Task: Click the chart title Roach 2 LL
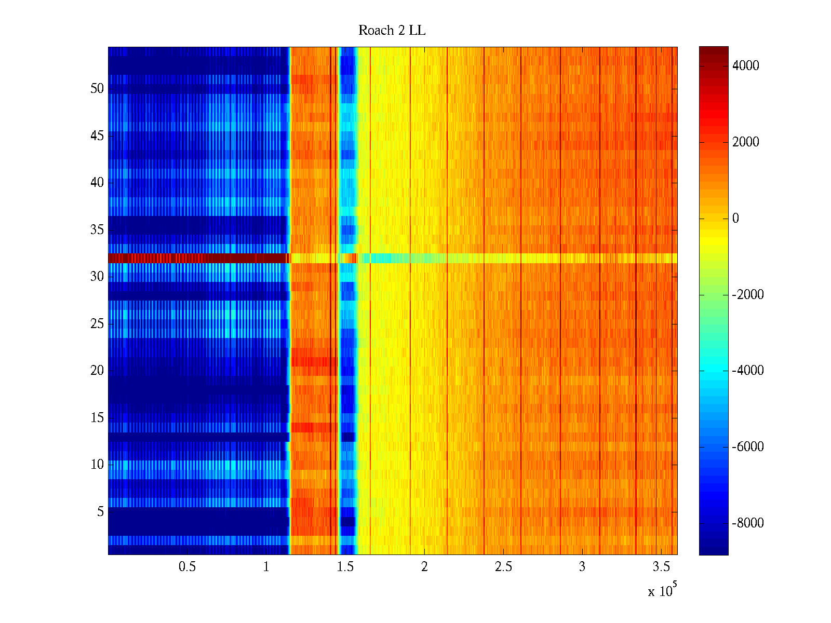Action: [x=392, y=31]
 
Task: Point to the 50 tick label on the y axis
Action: [x=97, y=89]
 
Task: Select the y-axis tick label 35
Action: [x=97, y=230]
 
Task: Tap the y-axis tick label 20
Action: [x=97, y=371]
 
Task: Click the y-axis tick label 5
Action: [x=100, y=512]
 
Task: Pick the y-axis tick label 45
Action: [x=97, y=136]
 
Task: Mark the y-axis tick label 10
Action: [x=97, y=465]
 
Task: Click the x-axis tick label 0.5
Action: [x=187, y=567]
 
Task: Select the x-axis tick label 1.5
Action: [x=345, y=567]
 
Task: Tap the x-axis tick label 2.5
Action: [x=503, y=567]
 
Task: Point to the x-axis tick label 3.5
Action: [x=661, y=567]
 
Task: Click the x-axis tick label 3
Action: [x=582, y=567]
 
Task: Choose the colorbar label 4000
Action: [x=745, y=65]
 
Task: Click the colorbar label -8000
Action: [x=747, y=523]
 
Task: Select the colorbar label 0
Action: [x=735, y=218]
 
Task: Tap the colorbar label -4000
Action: [x=747, y=371]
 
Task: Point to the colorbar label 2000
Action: [x=745, y=142]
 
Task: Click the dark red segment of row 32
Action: [x=197, y=258]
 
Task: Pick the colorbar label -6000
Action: [x=747, y=447]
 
